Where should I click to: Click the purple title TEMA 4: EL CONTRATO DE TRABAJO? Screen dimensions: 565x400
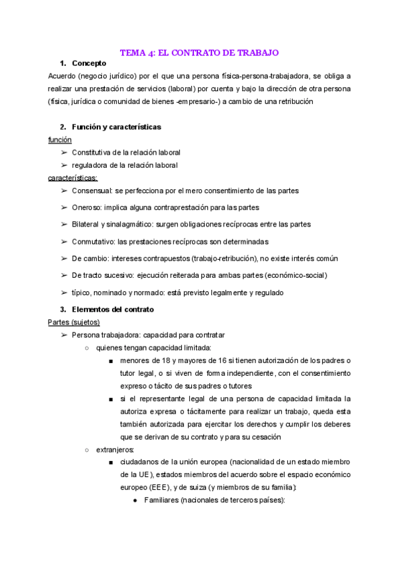click(199, 51)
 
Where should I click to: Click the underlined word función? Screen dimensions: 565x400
click(60, 140)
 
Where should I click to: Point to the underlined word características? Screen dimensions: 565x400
click(73, 178)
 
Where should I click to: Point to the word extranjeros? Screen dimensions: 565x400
click(115, 450)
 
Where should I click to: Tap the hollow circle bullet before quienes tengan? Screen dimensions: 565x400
click(87, 348)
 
